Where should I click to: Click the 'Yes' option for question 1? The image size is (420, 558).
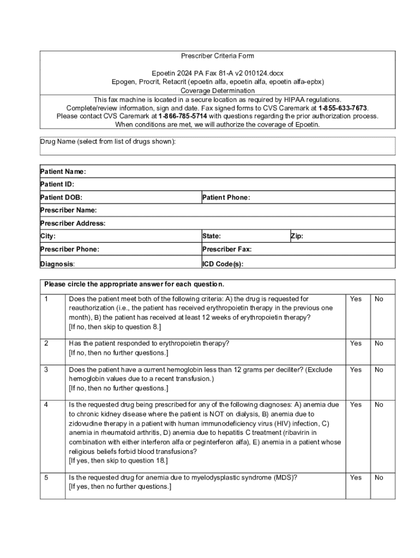coord(356,299)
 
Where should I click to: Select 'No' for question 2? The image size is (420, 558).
coord(379,343)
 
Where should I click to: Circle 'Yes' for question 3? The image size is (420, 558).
coord(356,370)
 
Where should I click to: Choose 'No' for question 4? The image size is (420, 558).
coord(379,405)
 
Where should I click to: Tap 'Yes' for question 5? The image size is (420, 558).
coord(356,478)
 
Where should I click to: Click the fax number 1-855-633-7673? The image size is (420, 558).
coord(343,108)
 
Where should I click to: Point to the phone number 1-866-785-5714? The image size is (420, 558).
coord(183,116)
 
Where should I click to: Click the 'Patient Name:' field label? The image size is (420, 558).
coord(63,172)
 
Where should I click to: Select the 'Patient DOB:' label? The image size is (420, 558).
coord(62,197)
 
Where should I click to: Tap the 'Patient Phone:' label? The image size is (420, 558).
coord(226,197)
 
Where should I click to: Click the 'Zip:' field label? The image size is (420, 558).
coord(297,236)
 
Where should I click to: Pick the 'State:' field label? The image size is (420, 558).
coord(211,236)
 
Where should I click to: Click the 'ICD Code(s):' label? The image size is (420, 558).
coord(223,264)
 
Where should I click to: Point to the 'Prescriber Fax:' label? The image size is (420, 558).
coord(227,250)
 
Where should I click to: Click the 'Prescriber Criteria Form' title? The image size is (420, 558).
coord(218,56)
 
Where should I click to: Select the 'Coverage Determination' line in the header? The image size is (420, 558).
coord(218,90)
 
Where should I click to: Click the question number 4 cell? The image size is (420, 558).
coord(47,405)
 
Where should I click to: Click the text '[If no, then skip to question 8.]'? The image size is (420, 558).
coord(115,327)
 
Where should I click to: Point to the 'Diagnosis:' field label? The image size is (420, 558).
coord(57,264)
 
